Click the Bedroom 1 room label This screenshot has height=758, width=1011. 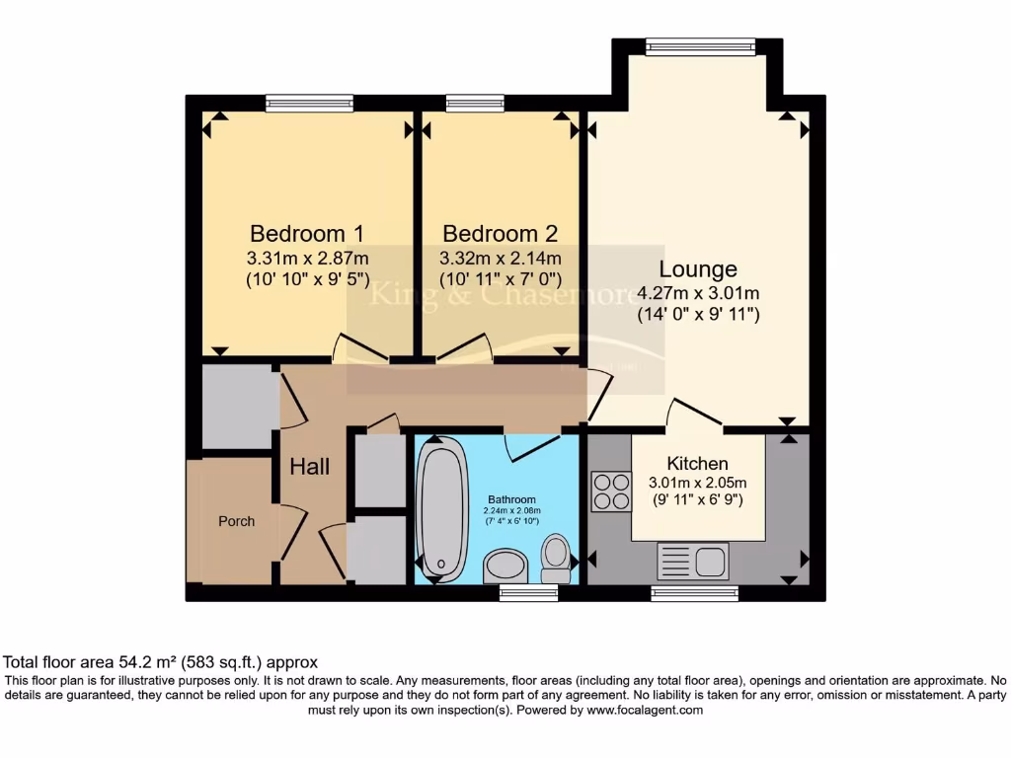[x=307, y=234]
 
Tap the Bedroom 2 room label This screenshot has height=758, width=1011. [x=500, y=234]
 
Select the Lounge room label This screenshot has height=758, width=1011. [x=698, y=268]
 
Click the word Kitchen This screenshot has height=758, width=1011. [x=697, y=464]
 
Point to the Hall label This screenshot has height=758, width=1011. [x=309, y=467]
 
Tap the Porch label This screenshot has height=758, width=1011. [x=236, y=521]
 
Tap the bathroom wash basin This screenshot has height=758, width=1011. [x=506, y=567]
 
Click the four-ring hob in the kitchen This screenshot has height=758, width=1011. [x=611, y=492]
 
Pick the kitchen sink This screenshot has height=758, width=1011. [x=693, y=562]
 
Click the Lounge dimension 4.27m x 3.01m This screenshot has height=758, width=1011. [x=698, y=293]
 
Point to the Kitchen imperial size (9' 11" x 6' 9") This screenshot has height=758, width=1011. [x=697, y=500]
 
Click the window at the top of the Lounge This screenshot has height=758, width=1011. [x=700, y=45]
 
